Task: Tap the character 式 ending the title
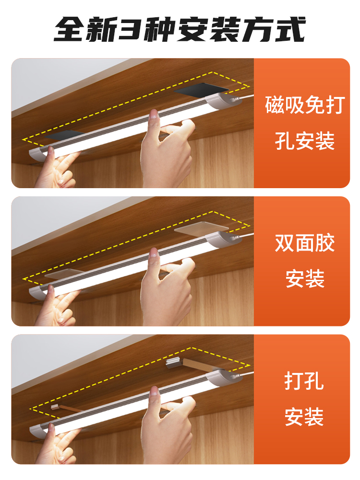290,29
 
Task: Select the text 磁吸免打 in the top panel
305,105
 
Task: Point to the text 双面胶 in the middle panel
305,243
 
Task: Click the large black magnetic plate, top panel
202,90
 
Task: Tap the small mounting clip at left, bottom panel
55,407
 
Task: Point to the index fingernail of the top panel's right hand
154,115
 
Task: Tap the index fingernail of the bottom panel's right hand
155,392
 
